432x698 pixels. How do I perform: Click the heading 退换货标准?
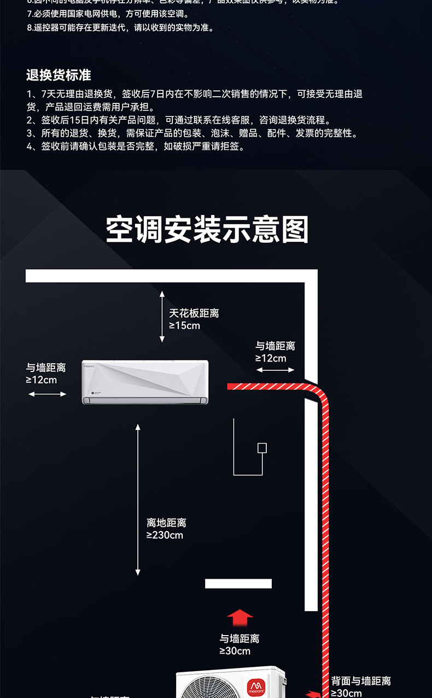click(59, 75)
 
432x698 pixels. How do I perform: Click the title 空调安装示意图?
click(207, 230)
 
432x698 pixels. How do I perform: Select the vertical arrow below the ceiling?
click(162, 317)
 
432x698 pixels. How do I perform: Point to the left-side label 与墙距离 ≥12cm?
click(46, 373)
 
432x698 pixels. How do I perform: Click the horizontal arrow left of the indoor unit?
click(47, 394)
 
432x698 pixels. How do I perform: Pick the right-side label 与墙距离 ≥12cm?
click(275, 352)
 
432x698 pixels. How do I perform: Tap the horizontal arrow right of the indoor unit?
click(275, 370)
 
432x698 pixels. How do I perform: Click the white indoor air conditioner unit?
click(145, 382)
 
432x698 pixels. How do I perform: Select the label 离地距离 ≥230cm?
click(166, 529)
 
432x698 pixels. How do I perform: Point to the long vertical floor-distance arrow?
click(138, 499)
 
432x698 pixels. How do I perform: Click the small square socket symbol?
click(262, 448)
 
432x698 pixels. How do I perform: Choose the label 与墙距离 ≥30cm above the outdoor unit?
click(240, 644)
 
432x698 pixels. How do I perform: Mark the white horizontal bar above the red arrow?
click(238, 584)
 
